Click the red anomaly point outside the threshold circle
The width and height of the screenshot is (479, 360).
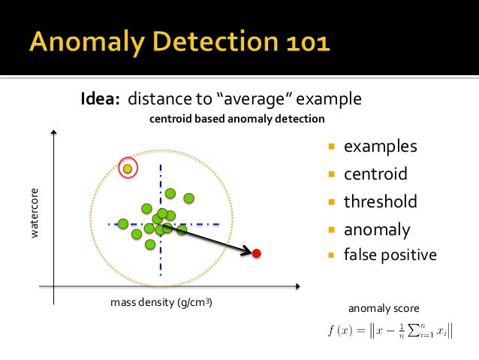[256, 253]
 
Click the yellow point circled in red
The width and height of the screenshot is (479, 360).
[128, 168]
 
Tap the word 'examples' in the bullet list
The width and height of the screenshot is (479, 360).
[380, 147]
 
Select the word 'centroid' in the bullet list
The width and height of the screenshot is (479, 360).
[375, 174]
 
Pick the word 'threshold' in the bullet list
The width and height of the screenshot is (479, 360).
[380, 202]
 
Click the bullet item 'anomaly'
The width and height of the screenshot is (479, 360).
[377, 230]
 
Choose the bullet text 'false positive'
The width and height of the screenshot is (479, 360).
[390, 255]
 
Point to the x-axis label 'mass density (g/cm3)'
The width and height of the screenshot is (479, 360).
[161, 303]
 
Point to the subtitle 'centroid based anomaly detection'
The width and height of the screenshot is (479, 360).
[237, 119]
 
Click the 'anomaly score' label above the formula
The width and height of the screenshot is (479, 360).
[384, 309]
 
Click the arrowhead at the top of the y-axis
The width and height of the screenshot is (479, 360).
[53, 132]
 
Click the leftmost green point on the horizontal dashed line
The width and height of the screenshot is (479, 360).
[122, 223]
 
